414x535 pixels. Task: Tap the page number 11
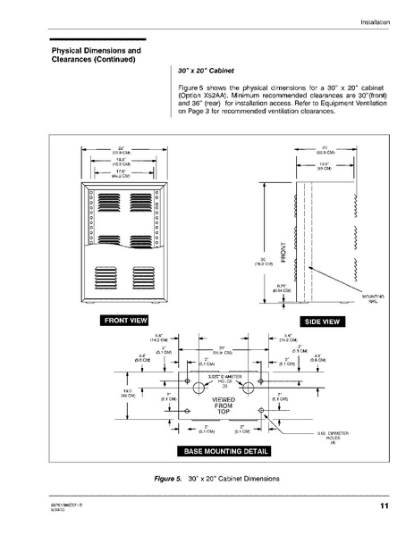click(383, 508)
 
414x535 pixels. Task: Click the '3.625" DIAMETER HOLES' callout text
click(220, 380)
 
